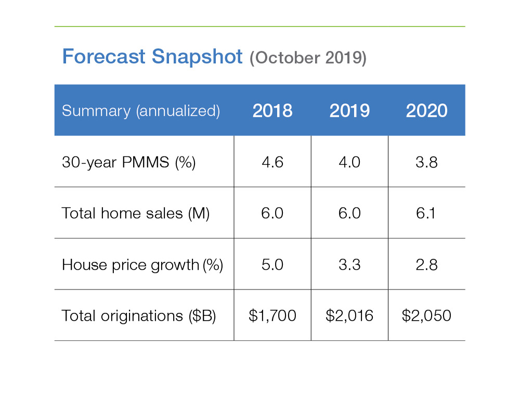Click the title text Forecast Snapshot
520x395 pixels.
click(x=152, y=56)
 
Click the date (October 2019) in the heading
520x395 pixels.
click(x=308, y=58)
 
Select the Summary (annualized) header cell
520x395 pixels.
click(x=140, y=111)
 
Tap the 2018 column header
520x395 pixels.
click(x=272, y=111)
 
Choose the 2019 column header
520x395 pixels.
click(x=349, y=111)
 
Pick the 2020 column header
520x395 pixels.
click(x=426, y=111)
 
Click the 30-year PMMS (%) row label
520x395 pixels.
click(x=128, y=162)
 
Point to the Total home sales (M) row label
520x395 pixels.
click(x=135, y=213)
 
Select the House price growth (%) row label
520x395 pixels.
click(x=142, y=265)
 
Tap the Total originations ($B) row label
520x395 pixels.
click(x=138, y=315)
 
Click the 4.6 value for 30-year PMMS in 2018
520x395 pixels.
click(x=272, y=162)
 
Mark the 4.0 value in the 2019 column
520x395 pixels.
click(x=349, y=162)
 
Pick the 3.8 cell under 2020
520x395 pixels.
click(x=426, y=162)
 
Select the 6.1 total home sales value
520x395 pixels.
click(x=426, y=213)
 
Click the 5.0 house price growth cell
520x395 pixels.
click(x=272, y=265)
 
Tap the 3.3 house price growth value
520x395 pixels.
click(x=349, y=265)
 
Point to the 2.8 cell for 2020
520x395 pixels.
click(x=426, y=265)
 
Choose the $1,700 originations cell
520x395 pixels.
click(x=272, y=315)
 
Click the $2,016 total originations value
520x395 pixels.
click(x=349, y=315)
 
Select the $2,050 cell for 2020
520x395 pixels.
click(x=426, y=315)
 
